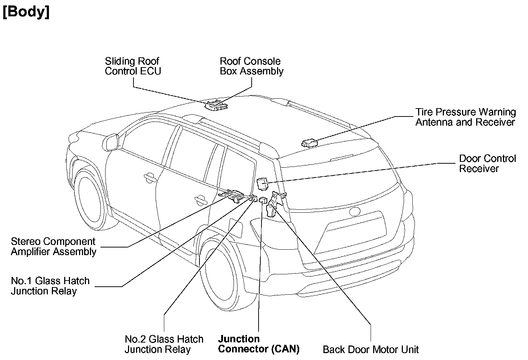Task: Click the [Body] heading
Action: (26, 12)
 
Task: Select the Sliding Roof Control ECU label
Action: (133, 66)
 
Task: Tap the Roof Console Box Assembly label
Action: (252, 66)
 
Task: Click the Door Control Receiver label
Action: (487, 163)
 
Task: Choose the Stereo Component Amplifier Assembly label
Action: (54, 246)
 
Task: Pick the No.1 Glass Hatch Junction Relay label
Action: (50, 286)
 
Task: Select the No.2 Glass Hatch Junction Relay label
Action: (164, 344)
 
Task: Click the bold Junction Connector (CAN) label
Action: (259, 344)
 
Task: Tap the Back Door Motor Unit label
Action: (371, 349)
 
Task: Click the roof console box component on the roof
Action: (216, 105)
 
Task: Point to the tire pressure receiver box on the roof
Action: (309, 143)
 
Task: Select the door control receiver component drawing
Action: (262, 184)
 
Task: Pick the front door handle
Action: (150, 177)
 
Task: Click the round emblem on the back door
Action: (355, 211)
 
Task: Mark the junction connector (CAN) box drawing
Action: (263, 200)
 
